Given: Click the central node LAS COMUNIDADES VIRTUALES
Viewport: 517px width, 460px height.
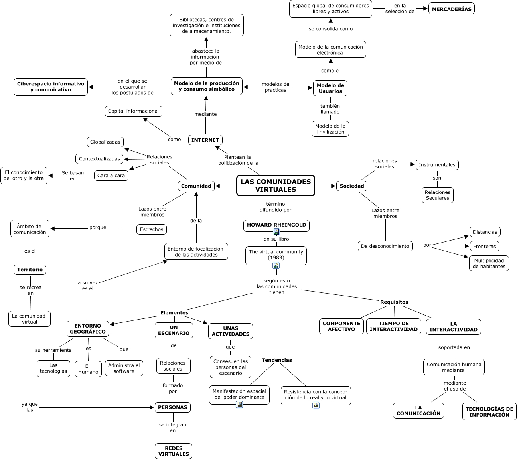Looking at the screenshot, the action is pyautogui.click(x=275, y=186).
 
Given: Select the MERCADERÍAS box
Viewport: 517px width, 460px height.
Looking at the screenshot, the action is pyautogui.click(x=451, y=9).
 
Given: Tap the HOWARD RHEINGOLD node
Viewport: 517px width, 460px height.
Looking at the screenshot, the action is pyautogui.click(x=276, y=225).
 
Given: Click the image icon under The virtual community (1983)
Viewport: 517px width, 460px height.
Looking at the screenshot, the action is pyautogui.click(x=276, y=265).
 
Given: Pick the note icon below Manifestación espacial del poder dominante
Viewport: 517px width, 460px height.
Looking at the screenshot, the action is pyautogui.click(x=239, y=405).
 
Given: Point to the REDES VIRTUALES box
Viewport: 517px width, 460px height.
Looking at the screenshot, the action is pyautogui.click(x=173, y=451).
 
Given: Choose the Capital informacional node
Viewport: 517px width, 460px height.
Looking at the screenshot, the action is pyautogui.click(x=133, y=111).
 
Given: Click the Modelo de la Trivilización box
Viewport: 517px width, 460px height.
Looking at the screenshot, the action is pyautogui.click(x=330, y=129).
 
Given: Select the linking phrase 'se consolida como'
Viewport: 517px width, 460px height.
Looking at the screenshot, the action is pyautogui.click(x=330, y=29).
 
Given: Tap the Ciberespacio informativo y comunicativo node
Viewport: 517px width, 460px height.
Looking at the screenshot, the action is pyautogui.click(x=51, y=87).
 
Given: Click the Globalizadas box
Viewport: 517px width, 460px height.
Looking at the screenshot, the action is pyautogui.click(x=105, y=142).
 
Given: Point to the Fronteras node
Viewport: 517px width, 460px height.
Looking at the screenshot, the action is pyautogui.click(x=484, y=246).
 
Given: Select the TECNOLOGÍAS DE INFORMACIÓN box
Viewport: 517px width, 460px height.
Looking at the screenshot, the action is pyautogui.click(x=489, y=411).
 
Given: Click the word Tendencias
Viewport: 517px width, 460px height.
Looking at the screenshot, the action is pyautogui.click(x=276, y=360).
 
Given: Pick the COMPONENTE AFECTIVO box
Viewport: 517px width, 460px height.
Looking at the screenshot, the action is pyautogui.click(x=341, y=326).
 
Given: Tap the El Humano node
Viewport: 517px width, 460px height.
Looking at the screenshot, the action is pyautogui.click(x=88, y=369).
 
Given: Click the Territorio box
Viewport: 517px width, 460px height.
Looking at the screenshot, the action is pyautogui.click(x=30, y=270).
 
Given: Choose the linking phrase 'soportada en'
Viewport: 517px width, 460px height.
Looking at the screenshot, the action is pyautogui.click(x=454, y=347).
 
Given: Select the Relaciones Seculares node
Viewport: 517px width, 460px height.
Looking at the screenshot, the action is pyautogui.click(x=437, y=195).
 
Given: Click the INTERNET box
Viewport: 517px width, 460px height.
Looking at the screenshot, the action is pyautogui.click(x=205, y=140).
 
